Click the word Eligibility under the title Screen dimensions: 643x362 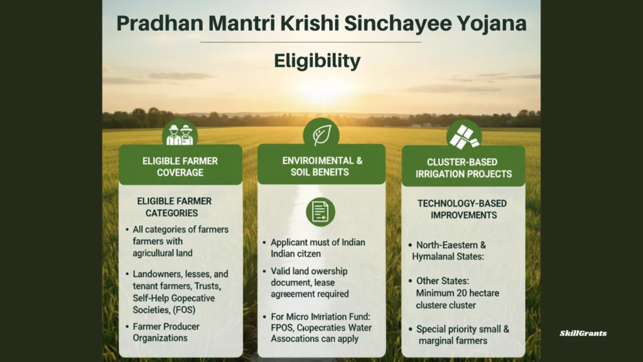point(317,61)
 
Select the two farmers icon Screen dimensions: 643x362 point(180,134)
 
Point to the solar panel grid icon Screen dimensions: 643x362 point(464,137)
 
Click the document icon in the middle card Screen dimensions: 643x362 point(320,212)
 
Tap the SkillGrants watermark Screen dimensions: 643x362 point(583,333)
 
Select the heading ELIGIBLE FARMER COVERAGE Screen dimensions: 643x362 point(180,167)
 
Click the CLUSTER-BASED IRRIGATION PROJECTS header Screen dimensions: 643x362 point(463,168)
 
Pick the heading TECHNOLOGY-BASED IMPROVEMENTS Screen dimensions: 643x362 point(463,209)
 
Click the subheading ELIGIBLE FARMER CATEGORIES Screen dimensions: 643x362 point(173,207)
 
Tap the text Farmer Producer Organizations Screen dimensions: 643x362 point(166,332)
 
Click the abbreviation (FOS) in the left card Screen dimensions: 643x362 point(184,310)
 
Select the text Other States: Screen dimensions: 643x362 point(443,281)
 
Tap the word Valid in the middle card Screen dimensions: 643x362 point(280,271)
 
